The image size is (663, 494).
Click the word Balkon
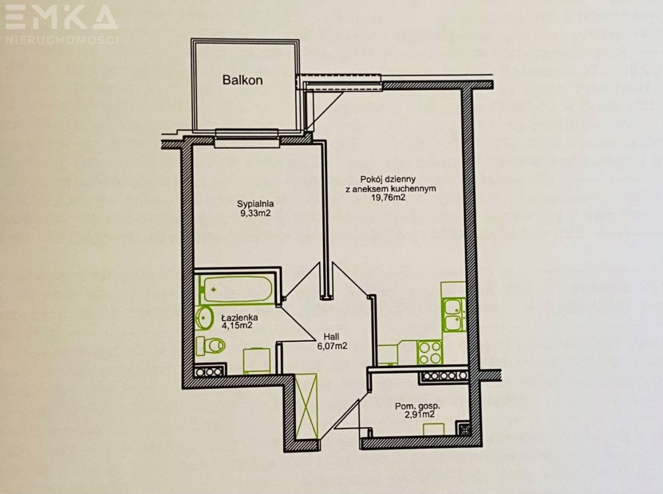[x=242, y=80]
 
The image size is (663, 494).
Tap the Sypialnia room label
[x=255, y=204]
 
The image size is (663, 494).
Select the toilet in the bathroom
[x=211, y=345]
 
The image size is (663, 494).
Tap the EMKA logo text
[x=62, y=19]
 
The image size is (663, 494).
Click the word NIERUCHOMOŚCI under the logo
[x=62, y=39]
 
